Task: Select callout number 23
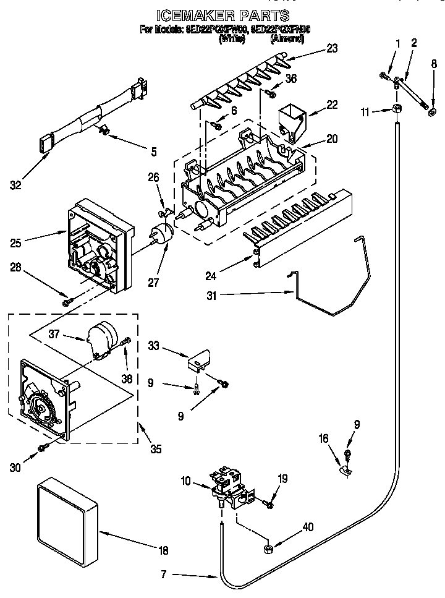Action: click(x=333, y=49)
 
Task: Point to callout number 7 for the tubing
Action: click(x=163, y=575)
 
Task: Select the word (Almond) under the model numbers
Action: click(x=287, y=38)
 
